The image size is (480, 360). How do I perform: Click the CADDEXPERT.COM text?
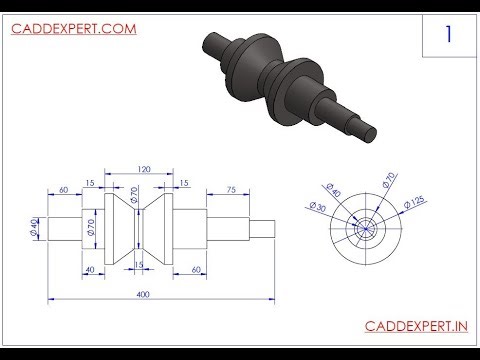[72, 29]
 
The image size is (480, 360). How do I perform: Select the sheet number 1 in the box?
[449, 34]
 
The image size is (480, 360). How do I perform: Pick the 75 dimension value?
[230, 189]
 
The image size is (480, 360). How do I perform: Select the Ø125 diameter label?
[413, 203]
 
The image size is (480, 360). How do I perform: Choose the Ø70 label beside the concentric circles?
[385, 182]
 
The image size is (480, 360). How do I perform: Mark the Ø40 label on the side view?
[34, 228]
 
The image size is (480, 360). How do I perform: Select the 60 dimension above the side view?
[63, 189]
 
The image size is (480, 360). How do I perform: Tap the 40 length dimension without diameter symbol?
[89, 269]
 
